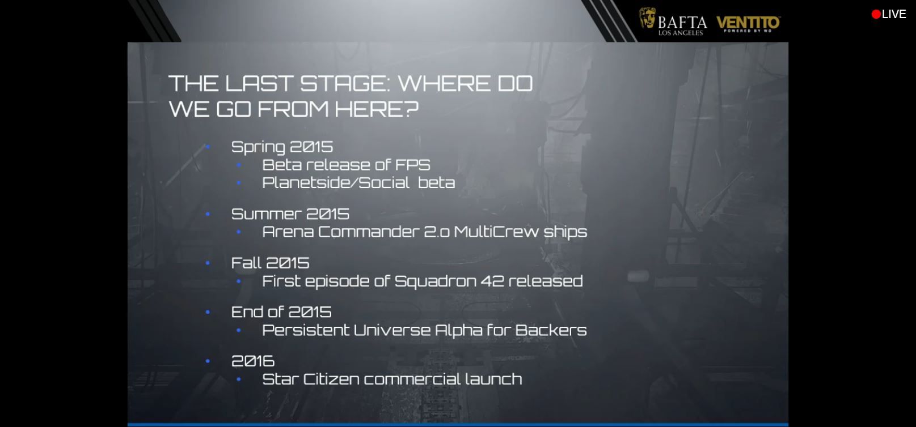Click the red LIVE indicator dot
click(876, 14)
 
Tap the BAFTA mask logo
click(647, 18)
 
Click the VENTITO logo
click(748, 24)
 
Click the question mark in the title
click(412, 109)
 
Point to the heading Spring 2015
click(282, 147)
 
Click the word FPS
click(412, 165)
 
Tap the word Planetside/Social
click(335, 182)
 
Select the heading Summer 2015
click(290, 214)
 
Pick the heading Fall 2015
click(270, 263)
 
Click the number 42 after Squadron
click(492, 281)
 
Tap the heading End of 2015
click(281, 312)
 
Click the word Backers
click(551, 330)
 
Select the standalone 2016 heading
click(253, 361)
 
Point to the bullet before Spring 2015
click(208, 147)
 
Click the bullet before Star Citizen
click(239, 379)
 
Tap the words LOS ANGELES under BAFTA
click(681, 33)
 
